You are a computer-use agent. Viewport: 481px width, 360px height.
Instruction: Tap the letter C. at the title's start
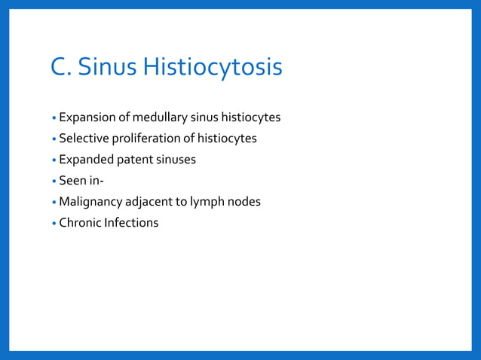[61, 68]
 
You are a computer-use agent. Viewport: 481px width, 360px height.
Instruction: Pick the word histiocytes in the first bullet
[251, 117]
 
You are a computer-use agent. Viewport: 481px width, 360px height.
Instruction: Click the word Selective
[84, 139]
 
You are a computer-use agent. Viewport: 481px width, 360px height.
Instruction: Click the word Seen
[73, 181]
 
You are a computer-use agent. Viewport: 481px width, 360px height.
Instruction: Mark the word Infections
[132, 223]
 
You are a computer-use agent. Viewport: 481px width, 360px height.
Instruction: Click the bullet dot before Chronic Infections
[54, 224]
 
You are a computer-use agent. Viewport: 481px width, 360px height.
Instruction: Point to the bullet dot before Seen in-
[54, 182]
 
